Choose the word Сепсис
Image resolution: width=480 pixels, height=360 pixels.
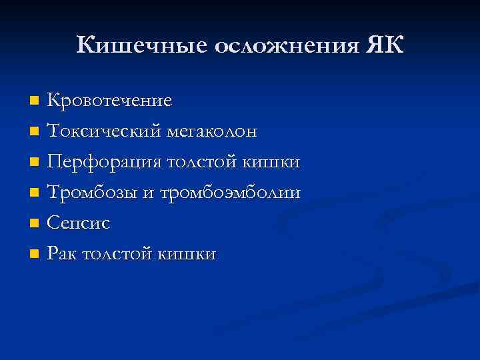click(x=79, y=223)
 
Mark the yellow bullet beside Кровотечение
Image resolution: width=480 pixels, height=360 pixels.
click(x=35, y=101)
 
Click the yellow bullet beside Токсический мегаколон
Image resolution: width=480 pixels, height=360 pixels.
click(x=35, y=132)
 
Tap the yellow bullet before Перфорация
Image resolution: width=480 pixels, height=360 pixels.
click(x=35, y=163)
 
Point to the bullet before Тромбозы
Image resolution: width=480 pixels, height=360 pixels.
click(x=35, y=193)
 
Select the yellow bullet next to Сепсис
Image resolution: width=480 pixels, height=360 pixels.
click(x=35, y=224)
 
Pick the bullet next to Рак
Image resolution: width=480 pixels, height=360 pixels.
click(x=35, y=255)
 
